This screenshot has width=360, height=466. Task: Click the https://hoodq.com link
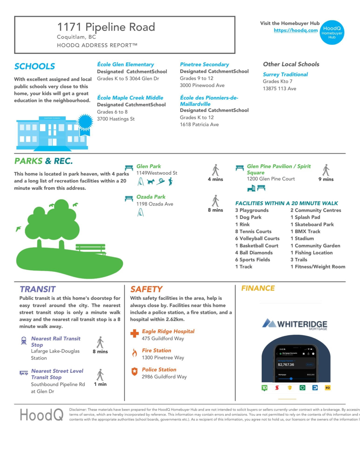(x=296, y=30)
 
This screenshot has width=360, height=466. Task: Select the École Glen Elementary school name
(x=125, y=64)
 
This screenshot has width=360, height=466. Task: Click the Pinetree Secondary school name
(x=204, y=64)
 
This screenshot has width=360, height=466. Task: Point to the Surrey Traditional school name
(x=285, y=75)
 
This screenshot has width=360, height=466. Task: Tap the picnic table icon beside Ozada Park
(x=129, y=198)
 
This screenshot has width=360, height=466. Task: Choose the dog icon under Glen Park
(x=151, y=181)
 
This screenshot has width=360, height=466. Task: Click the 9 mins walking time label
(x=326, y=179)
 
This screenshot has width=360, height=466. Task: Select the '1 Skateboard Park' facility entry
(x=312, y=224)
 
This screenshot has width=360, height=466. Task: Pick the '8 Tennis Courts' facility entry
(x=253, y=231)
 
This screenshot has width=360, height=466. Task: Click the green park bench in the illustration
(x=91, y=249)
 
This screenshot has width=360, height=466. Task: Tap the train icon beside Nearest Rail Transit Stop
(x=24, y=341)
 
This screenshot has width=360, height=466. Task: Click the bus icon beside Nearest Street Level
(x=24, y=373)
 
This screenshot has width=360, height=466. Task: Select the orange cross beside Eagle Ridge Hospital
(x=134, y=334)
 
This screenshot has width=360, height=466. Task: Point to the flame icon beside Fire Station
(x=134, y=353)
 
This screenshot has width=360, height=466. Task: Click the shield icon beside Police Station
(x=134, y=372)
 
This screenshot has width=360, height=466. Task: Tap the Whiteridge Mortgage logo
(x=295, y=324)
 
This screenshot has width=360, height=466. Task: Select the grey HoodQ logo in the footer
(x=42, y=415)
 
